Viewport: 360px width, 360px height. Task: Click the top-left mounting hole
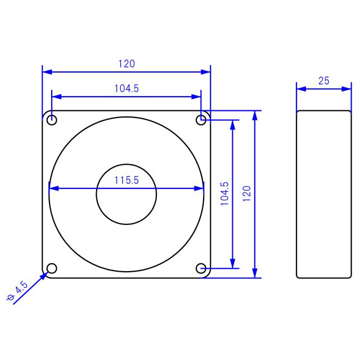point(52,120)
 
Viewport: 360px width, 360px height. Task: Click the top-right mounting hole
point(201,119)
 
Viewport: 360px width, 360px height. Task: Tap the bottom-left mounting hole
point(52,268)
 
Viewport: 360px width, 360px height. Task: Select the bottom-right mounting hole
point(201,268)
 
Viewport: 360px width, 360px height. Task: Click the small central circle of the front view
point(127,194)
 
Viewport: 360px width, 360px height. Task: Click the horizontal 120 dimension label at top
point(127,64)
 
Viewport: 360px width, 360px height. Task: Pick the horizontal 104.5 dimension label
point(127,88)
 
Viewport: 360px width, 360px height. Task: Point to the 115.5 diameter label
point(127,180)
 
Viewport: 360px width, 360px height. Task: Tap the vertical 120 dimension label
point(246,194)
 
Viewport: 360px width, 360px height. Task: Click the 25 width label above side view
point(323,80)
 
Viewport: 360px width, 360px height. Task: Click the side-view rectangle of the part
point(323,194)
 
